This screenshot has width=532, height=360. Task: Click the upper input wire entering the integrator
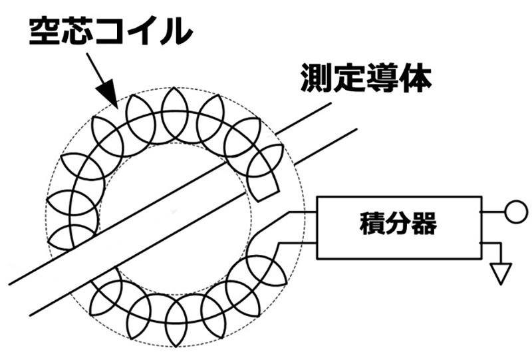point(303,212)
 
